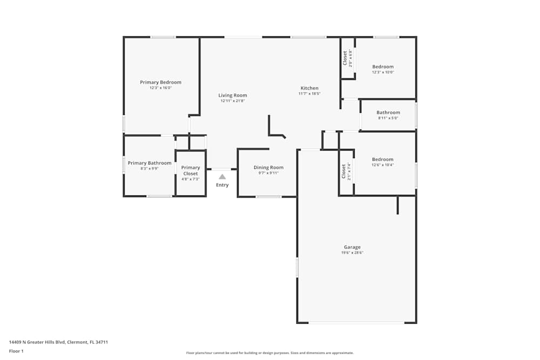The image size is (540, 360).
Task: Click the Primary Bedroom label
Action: point(160,82)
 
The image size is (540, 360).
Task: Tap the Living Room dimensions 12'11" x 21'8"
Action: point(233,101)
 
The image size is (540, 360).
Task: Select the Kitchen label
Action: point(309,88)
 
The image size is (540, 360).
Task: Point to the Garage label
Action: point(352,247)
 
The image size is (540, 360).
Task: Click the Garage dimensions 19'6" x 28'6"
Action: point(352,253)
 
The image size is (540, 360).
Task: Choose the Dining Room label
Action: point(268,167)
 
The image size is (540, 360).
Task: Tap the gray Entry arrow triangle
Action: point(222,176)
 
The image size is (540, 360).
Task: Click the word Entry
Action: point(222,185)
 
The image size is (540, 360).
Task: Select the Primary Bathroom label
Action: point(150,163)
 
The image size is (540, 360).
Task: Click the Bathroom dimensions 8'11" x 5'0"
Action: point(388,118)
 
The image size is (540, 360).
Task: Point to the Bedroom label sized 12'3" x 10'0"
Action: point(383,67)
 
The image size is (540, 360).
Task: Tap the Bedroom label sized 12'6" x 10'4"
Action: point(382,159)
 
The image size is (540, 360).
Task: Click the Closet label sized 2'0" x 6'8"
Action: point(345,58)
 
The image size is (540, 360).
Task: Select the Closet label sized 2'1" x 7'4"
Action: point(343,172)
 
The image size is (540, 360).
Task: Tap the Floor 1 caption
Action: point(16,351)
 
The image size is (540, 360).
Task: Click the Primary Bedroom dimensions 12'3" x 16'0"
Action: point(160,88)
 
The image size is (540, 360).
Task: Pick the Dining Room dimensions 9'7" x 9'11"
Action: point(268,173)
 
